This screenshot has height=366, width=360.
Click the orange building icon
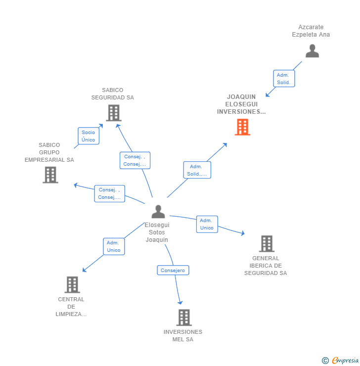click(x=242, y=127)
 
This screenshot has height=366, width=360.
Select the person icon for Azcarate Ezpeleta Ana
click(x=312, y=51)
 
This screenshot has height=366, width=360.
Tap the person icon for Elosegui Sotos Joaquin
click(x=158, y=212)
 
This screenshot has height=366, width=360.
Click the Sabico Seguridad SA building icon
click(x=114, y=113)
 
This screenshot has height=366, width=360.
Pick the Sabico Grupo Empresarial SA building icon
click(x=50, y=175)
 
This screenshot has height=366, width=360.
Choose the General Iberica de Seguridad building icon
click(x=267, y=243)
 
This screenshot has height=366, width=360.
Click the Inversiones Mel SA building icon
click(x=184, y=317)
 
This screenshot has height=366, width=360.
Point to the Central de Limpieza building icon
click(x=72, y=284)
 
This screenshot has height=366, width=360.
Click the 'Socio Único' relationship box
click(x=89, y=136)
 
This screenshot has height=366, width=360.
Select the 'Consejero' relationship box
click(x=173, y=270)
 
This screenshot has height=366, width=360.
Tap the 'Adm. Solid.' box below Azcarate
click(x=284, y=79)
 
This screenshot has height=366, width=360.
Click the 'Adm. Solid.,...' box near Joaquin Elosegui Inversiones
click(x=197, y=170)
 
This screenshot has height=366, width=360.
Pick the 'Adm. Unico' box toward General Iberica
click(x=207, y=224)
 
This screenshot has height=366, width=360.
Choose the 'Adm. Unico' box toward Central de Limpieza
click(x=114, y=246)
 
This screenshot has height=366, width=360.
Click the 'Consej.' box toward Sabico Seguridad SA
click(x=135, y=160)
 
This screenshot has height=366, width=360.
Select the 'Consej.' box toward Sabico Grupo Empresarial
click(x=110, y=193)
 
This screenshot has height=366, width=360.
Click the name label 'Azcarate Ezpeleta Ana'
click(x=311, y=31)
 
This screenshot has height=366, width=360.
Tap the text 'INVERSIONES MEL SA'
click(x=183, y=335)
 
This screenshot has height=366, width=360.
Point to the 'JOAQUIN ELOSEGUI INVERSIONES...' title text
click(x=241, y=104)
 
